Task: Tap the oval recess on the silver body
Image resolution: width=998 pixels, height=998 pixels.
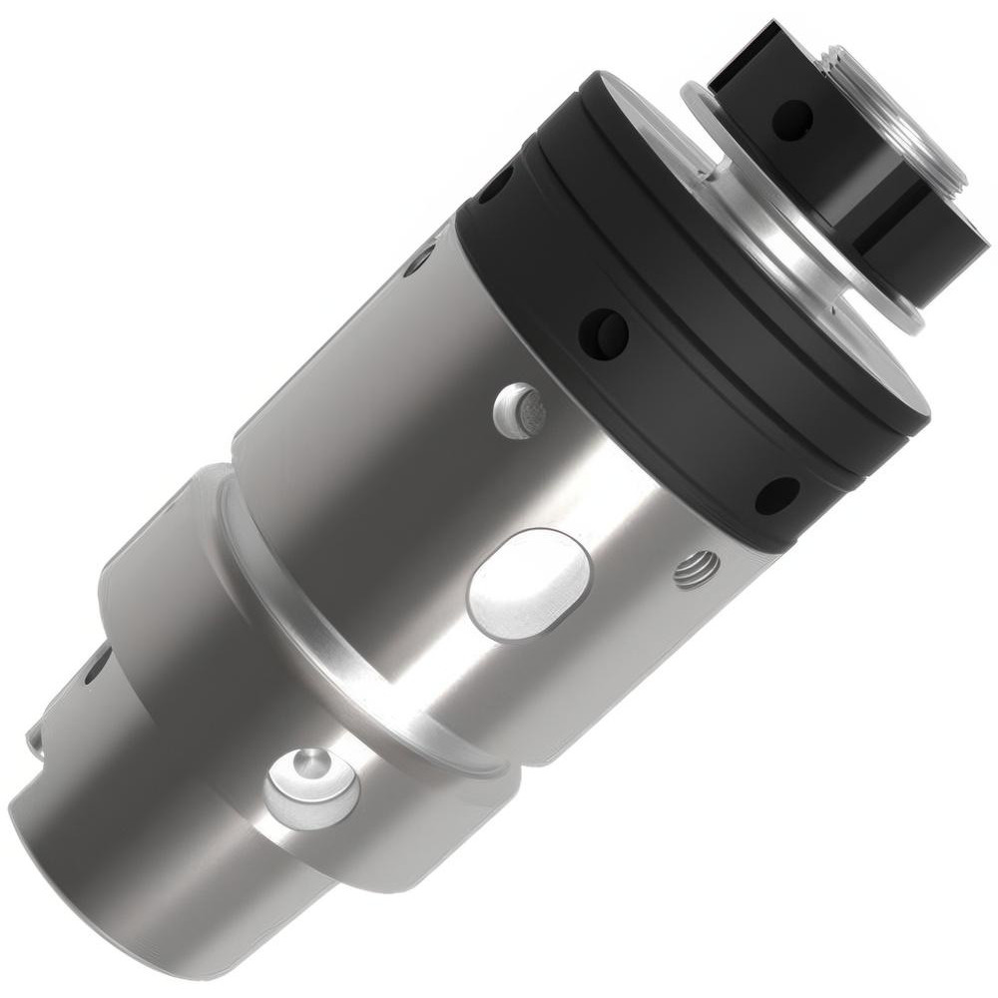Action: (529, 584)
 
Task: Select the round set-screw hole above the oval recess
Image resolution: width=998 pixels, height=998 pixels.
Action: (519, 410)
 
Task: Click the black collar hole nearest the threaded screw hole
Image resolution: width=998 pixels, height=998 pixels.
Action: (775, 494)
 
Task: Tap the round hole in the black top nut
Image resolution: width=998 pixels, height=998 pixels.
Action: (793, 120)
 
